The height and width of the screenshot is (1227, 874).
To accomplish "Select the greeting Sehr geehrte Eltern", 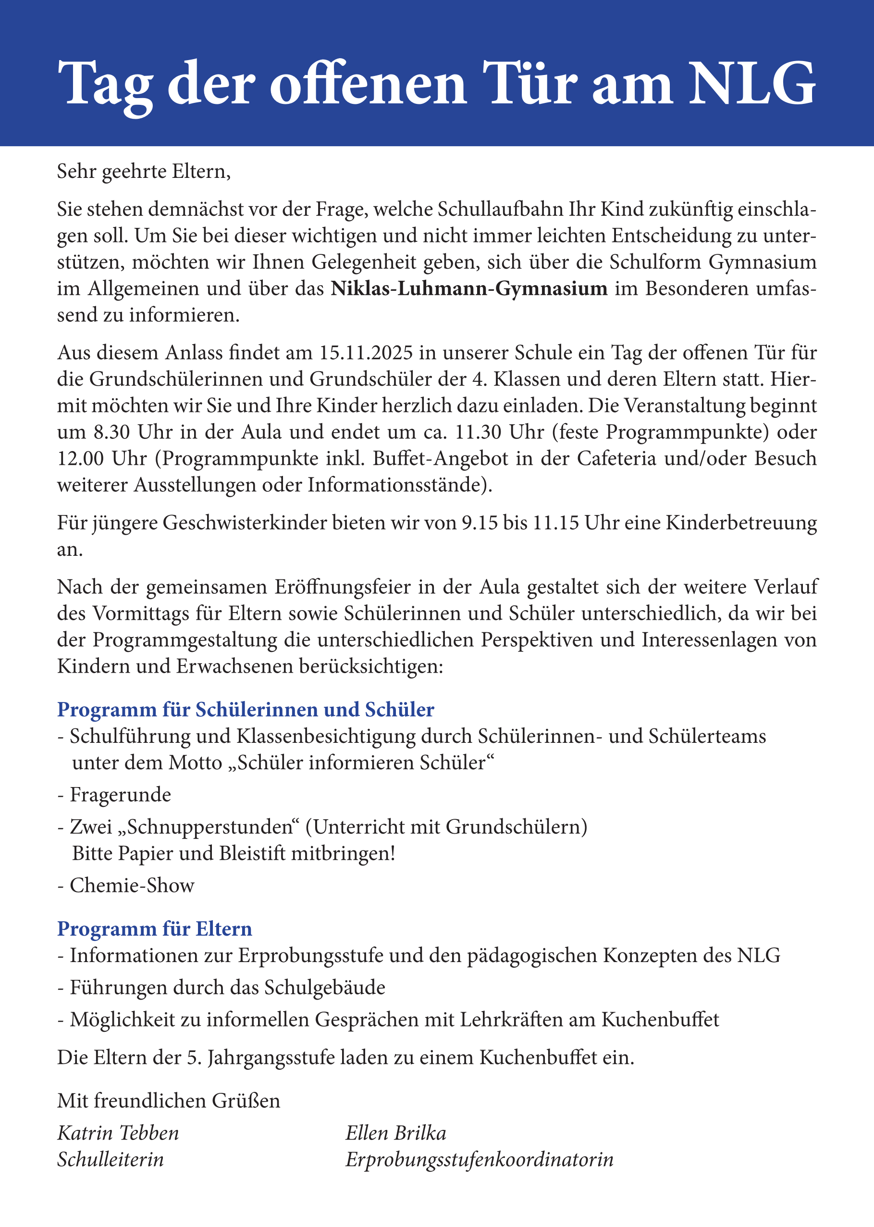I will [x=144, y=171].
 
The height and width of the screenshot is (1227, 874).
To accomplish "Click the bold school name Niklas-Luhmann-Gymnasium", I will [x=469, y=288].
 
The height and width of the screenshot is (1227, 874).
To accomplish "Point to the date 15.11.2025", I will [x=366, y=352].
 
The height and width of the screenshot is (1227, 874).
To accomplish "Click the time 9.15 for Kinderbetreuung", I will [x=480, y=523].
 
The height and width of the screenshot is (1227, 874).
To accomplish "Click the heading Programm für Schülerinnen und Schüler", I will [x=246, y=710].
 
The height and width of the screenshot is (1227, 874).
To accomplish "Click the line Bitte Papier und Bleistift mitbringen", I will [x=234, y=853].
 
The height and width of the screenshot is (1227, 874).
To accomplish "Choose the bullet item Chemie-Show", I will [x=132, y=885].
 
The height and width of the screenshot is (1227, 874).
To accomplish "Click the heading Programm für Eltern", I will [x=154, y=929].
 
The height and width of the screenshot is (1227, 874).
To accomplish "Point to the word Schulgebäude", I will [x=325, y=988].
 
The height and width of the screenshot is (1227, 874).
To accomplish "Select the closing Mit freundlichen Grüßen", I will [x=169, y=1101].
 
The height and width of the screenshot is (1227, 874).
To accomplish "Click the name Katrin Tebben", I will [x=118, y=1133].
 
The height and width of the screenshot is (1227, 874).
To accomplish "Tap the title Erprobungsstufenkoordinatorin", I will [x=479, y=1159].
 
